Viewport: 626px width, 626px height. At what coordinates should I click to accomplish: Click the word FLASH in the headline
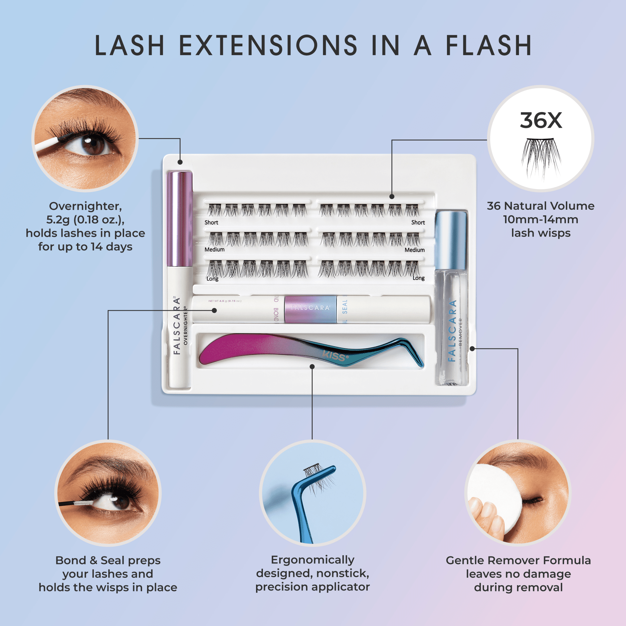point(489,45)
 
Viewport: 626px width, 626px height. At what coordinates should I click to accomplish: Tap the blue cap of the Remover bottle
point(451,240)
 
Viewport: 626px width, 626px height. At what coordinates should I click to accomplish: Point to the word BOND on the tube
point(276,314)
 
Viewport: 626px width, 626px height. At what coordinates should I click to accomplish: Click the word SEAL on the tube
point(344,306)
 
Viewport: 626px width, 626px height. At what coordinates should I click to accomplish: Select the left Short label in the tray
point(211,222)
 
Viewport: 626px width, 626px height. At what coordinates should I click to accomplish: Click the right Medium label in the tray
point(414,250)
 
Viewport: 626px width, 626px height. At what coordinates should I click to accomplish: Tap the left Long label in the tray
point(213,279)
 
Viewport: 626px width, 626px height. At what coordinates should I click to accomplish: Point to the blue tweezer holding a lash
point(303,505)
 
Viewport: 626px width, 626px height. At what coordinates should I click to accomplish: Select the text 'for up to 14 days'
point(85,247)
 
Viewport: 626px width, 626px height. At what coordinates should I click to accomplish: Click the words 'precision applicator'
point(312,587)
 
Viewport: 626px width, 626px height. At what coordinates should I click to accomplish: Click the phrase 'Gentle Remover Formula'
point(518,560)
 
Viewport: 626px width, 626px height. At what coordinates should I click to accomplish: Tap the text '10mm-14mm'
point(541,219)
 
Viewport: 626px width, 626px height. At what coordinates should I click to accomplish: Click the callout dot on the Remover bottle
point(472,349)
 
